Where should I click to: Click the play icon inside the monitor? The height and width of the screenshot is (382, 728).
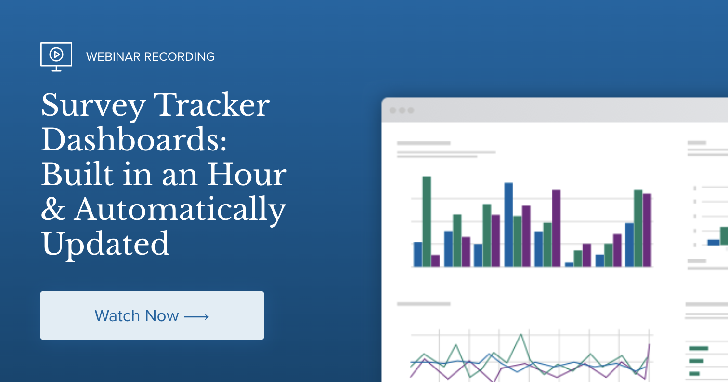coord(56,55)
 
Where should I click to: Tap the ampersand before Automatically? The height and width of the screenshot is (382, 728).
coord(53,210)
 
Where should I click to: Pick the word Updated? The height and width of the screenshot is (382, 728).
coord(105,244)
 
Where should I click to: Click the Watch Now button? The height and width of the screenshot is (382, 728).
coord(152,315)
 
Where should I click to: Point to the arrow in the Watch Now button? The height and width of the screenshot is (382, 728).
coord(196,316)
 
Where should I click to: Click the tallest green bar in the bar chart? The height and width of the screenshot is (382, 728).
coord(427,221)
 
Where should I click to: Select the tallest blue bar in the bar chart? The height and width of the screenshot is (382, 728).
coord(508,225)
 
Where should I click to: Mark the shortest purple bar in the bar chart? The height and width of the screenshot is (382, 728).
coord(435,260)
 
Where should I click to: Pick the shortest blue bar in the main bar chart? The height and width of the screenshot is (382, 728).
coord(569,264)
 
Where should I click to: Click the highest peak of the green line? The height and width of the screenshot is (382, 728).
coord(520,334)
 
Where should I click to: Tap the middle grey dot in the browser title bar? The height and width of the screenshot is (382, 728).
coord(402,110)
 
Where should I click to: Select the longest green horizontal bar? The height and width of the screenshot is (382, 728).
coord(698,348)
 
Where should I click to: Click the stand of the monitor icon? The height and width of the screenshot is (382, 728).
coord(56,68)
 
